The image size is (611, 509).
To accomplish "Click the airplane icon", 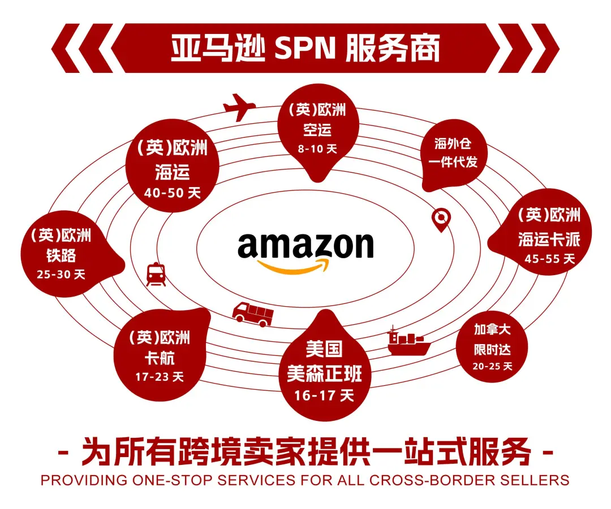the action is (239, 107).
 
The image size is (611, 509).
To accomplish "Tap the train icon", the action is (156, 275).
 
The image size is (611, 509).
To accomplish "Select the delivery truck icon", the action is (253, 314).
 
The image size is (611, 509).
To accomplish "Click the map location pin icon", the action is (441, 220).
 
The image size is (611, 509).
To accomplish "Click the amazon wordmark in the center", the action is (305, 245).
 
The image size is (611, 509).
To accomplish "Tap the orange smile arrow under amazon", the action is (293, 267).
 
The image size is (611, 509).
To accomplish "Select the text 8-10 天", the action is (317, 149).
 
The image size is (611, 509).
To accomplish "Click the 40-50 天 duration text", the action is (172, 193).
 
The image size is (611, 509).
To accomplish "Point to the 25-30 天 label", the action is (61, 275).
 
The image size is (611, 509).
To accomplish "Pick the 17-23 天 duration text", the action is (160, 377).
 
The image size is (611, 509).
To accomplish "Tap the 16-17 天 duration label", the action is (324, 396).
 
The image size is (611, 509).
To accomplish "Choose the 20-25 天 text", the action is (492, 366).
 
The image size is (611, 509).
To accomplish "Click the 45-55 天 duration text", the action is (549, 259).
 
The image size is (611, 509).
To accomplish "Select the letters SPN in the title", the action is (305, 48).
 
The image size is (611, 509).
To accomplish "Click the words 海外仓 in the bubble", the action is (453, 143).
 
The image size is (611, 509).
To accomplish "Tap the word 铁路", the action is (61, 255).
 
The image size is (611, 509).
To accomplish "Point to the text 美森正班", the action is (324, 373).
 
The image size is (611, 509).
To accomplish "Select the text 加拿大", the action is (492, 329).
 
